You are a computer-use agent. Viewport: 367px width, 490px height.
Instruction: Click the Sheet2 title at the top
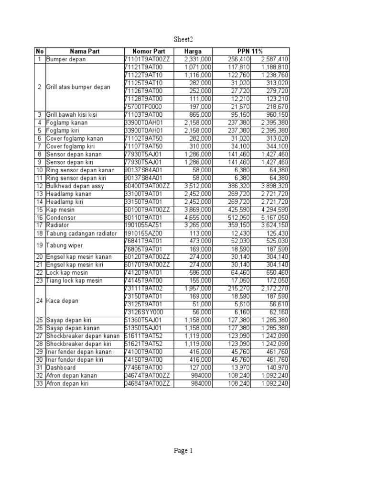[183, 39]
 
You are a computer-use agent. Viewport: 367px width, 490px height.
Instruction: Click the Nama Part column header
[85, 52]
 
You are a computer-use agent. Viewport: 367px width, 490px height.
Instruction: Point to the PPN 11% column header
[251, 52]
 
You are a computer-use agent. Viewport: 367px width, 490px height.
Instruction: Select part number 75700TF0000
[143, 107]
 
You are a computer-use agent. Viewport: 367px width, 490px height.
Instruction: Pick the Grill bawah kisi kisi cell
[72, 115]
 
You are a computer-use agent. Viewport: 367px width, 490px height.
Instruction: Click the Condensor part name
[61, 217]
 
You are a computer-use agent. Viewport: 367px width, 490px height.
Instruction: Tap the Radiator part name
[58, 225]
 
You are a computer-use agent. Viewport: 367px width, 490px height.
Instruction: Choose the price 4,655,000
[198, 217]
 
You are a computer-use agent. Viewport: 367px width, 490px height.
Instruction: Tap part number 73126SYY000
[143, 312]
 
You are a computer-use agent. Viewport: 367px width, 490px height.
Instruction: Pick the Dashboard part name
[61, 367]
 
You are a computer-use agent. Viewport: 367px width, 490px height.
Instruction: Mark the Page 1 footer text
[183, 450]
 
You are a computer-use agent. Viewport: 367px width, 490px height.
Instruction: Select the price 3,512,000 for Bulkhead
[198, 186]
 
